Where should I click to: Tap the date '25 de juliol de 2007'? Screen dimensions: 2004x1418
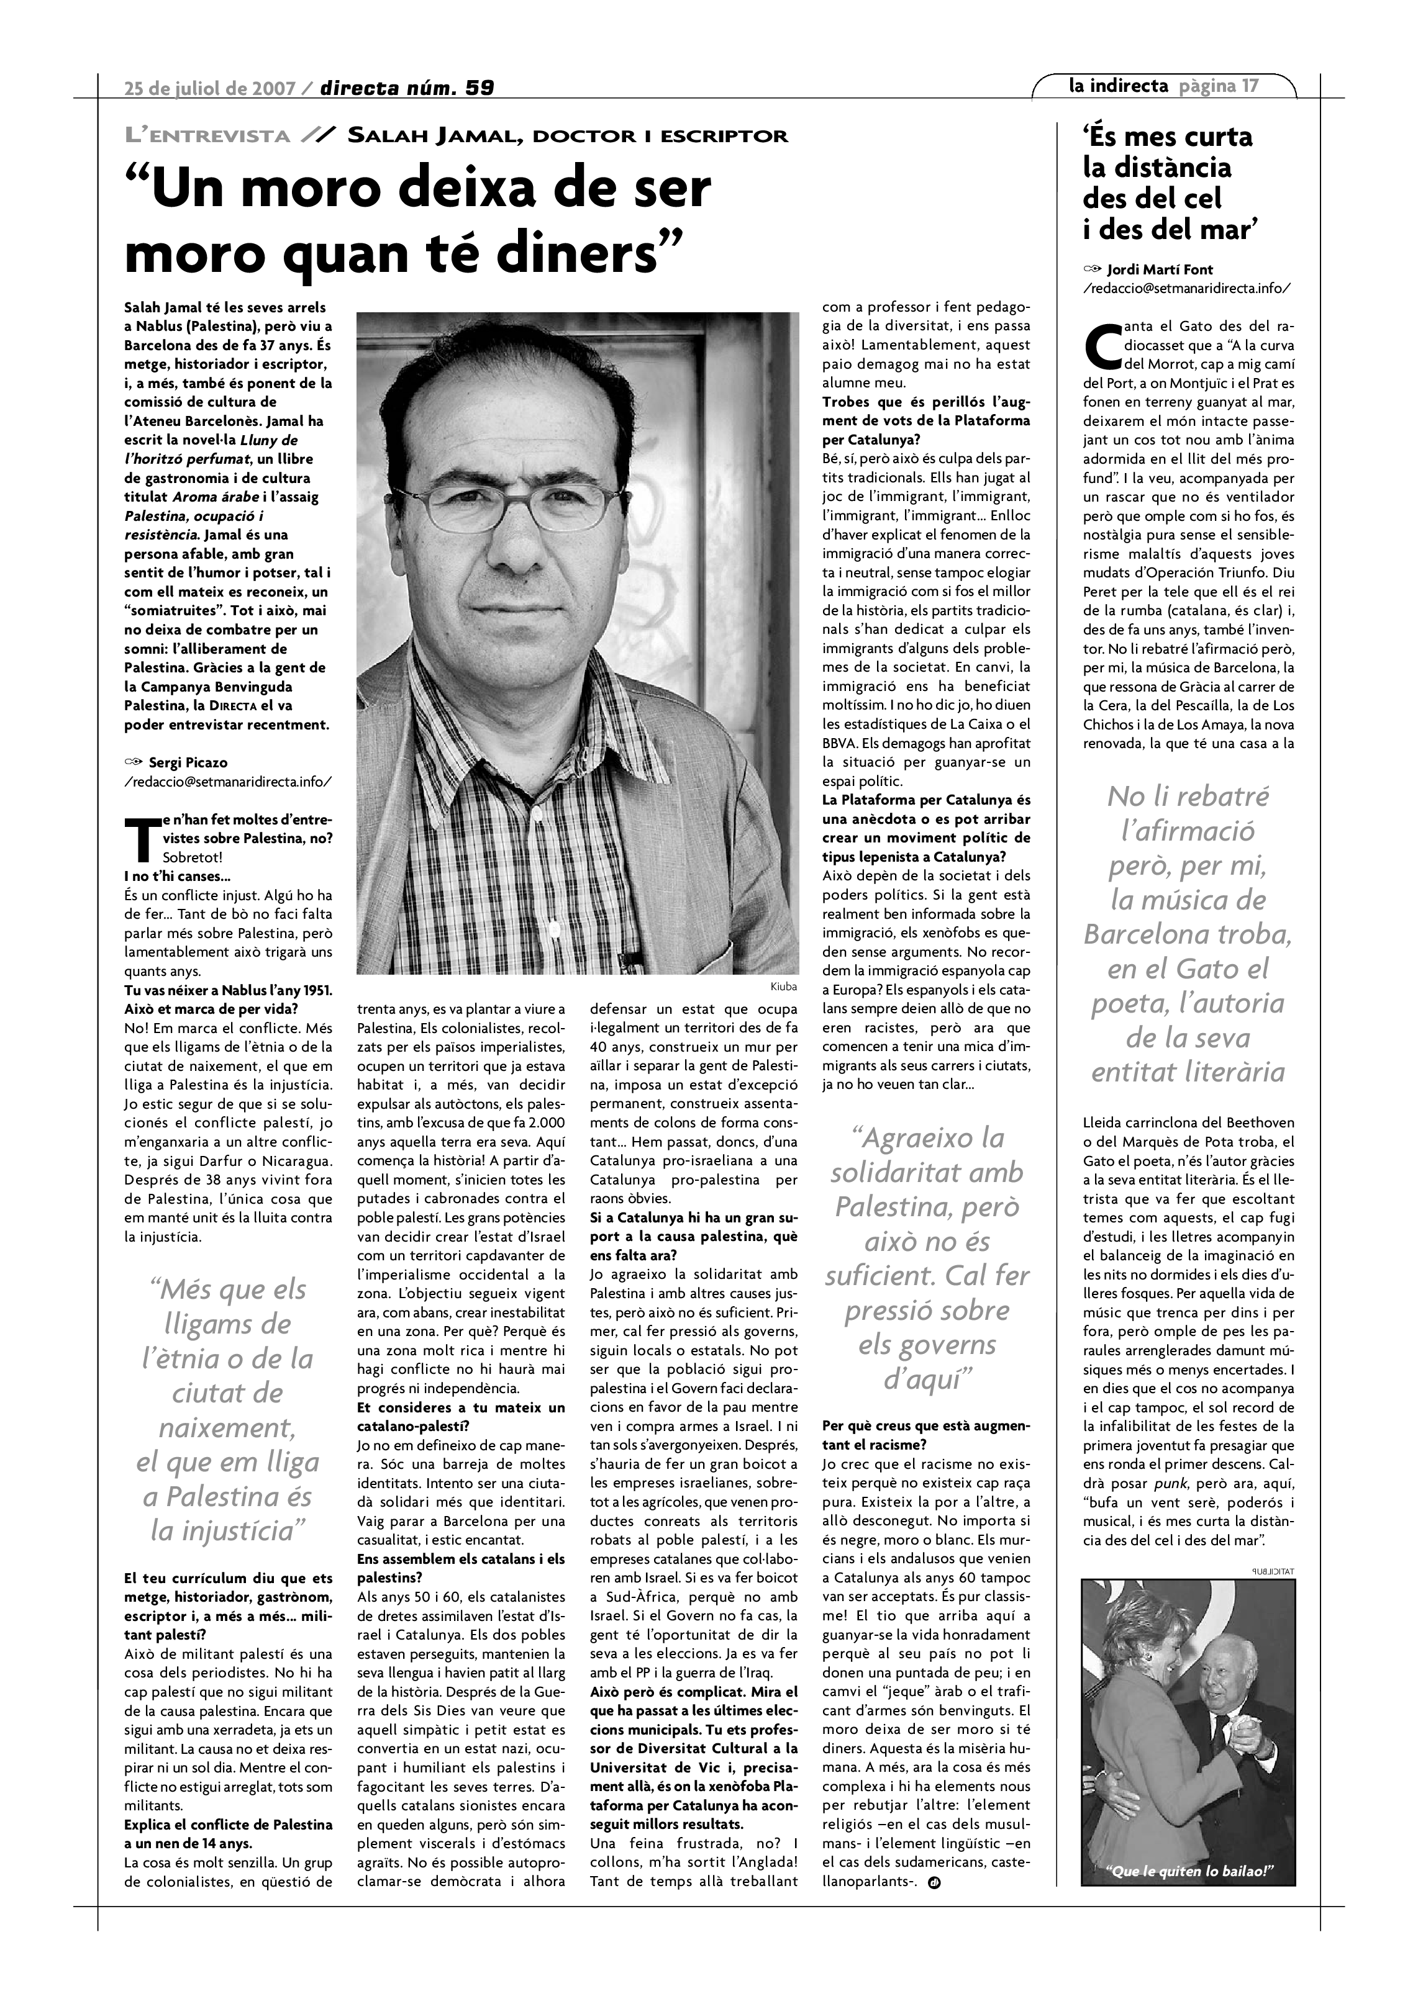click(211, 88)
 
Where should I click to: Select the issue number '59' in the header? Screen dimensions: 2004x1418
click(479, 88)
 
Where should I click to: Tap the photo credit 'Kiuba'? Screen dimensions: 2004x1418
click(783, 986)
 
